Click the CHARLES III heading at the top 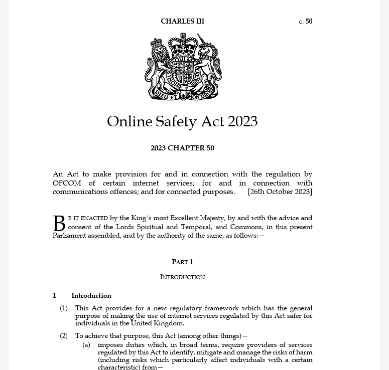(x=182, y=21)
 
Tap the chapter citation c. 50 (x=305, y=21)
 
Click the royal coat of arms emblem (x=183, y=66)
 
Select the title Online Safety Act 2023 (x=182, y=121)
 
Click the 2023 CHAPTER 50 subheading (x=182, y=148)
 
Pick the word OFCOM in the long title (x=67, y=183)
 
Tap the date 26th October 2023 (x=280, y=192)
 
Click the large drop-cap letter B (x=59, y=224)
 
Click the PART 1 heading (x=182, y=262)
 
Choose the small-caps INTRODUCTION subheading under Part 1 (x=182, y=277)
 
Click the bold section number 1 (x=55, y=295)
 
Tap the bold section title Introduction (x=91, y=295)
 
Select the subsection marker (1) (x=64, y=308)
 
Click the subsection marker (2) (x=64, y=335)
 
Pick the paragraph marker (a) (x=86, y=345)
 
